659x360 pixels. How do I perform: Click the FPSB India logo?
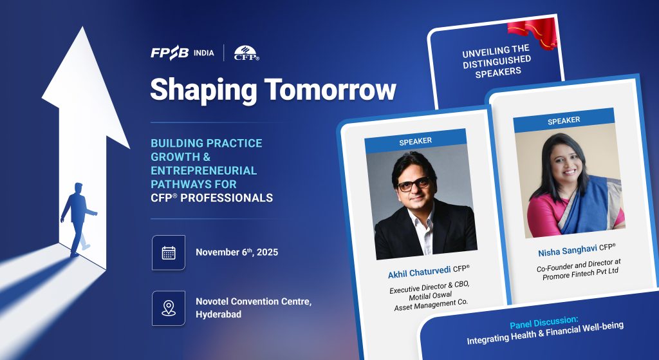pos(182,53)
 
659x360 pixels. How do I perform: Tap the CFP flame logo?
pos(246,53)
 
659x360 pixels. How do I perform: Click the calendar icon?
pos(169,252)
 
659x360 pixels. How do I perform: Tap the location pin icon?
pos(169,308)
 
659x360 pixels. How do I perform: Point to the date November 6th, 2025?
pos(237,252)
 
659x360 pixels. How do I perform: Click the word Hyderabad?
pos(219,314)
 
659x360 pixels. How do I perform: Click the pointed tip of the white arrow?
pos(82,27)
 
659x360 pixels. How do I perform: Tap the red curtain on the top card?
pos(532,32)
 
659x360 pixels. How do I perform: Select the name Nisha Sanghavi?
pos(568,251)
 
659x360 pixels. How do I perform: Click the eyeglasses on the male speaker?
pos(414,184)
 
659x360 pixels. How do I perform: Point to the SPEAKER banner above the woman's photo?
pos(564,120)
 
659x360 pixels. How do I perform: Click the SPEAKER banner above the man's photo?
pos(415,141)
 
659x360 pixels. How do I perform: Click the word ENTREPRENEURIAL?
pos(204,170)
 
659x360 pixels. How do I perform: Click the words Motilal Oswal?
pos(431,296)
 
